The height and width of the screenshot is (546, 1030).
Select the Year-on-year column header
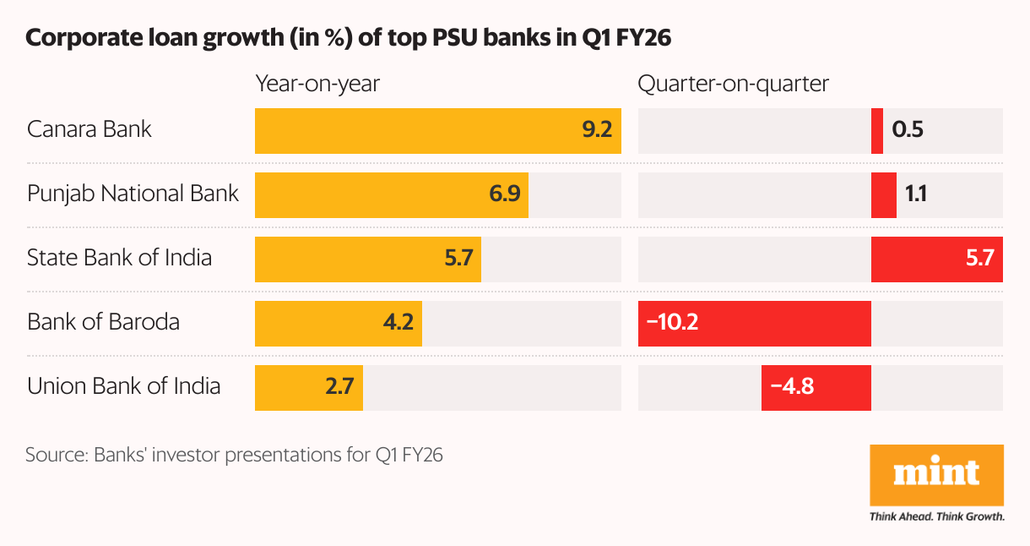[318, 84]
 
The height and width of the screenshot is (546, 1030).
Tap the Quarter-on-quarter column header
[734, 84]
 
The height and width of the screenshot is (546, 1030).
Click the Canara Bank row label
[89, 129]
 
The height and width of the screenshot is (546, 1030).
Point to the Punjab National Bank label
[133, 194]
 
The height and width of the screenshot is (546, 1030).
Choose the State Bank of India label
[119, 257]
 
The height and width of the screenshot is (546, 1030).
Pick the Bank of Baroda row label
[103, 322]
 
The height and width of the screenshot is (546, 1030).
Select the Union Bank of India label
[124, 386]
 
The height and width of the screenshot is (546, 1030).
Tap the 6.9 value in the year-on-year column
[504, 194]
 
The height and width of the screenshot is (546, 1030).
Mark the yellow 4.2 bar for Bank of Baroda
[338, 323]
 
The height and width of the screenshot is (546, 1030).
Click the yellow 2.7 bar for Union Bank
[308, 387]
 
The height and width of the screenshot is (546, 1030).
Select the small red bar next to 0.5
[877, 131]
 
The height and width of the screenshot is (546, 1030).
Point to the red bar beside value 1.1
[884, 195]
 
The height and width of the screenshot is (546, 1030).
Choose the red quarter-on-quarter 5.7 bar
[936, 259]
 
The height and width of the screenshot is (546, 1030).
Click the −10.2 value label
[672, 323]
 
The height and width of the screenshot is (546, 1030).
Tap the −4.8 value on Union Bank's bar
[792, 387]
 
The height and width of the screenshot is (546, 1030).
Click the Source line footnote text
[234, 455]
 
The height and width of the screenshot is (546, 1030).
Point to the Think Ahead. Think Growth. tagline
[936, 516]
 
